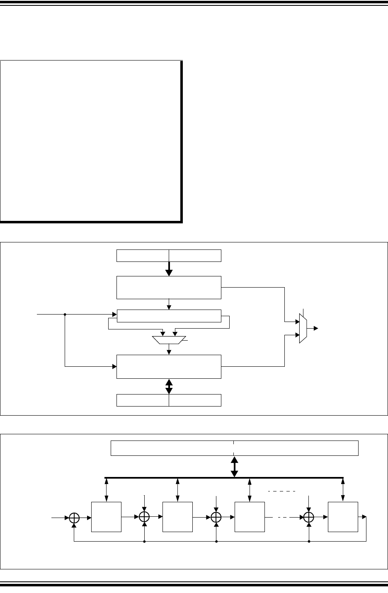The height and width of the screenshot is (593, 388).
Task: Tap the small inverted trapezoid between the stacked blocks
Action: click(169, 340)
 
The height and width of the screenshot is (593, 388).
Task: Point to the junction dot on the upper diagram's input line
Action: click(65, 315)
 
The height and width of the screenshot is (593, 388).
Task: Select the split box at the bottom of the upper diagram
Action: click(169, 400)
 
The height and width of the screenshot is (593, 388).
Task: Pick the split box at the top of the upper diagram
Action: click(169, 256)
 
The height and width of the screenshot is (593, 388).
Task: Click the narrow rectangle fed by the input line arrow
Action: click(169, 315)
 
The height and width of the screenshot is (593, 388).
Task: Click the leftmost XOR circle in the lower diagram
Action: click(74, 518)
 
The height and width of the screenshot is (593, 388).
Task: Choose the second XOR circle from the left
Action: click(144, 517)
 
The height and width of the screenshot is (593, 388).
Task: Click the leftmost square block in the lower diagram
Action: click(106, 517)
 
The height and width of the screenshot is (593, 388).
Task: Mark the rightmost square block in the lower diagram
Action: click(343, 517)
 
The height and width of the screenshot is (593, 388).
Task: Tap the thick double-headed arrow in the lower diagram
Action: click(234, 466)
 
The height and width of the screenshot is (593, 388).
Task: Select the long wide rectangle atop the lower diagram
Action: click(234, 448)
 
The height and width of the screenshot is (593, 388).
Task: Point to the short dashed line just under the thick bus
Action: click(281, 491)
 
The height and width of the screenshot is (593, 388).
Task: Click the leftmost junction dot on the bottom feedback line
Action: click(144, 541)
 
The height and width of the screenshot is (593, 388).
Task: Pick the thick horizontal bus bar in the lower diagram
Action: click(224, 477)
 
